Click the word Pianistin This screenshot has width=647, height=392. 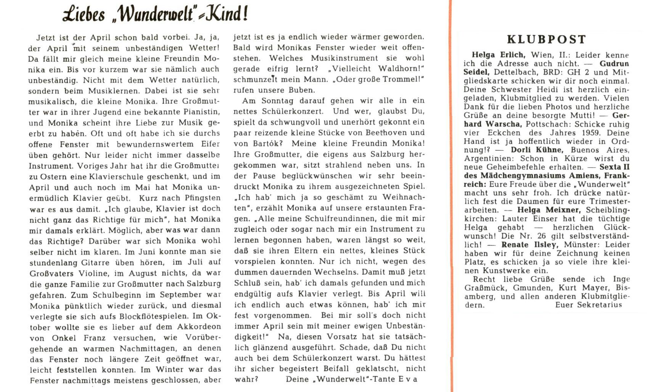tap(199, 112)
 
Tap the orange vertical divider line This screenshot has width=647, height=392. tap(452, 191)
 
